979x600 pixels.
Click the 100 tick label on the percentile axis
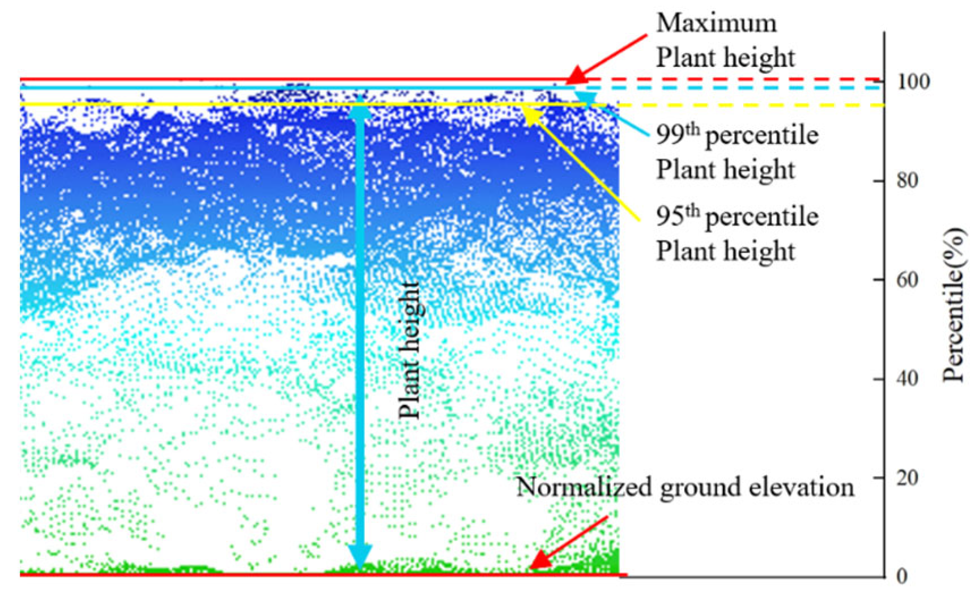tap(913, 82)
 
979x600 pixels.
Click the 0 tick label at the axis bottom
tap(901, 577)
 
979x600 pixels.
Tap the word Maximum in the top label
tap(716, 23)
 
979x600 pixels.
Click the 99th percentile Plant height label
tap(737, 152)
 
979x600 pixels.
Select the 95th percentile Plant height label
tap(737, 233)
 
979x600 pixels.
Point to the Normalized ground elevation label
tap(685, 487)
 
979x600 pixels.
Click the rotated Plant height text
tap(410, 350)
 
